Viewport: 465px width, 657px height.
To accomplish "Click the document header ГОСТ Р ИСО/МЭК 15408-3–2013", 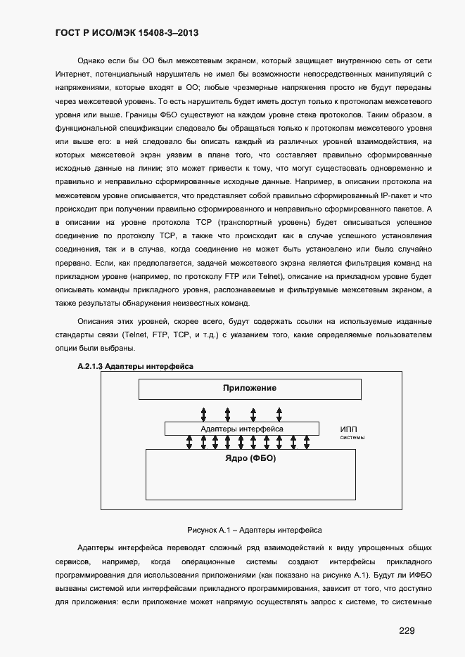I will pos(130,33).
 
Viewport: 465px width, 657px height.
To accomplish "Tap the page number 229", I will pos(407,630).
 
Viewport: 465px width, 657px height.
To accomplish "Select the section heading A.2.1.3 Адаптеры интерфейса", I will pos(134,366).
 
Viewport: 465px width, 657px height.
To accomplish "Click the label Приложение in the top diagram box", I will pos(250,388).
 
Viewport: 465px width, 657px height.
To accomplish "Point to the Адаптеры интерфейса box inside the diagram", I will pos(242,428).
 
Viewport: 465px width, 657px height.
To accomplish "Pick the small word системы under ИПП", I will pos(352,437).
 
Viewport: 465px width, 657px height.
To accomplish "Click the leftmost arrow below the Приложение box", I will pos(203,412).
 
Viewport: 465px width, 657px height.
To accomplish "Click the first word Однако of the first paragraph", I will pos(92,61).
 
